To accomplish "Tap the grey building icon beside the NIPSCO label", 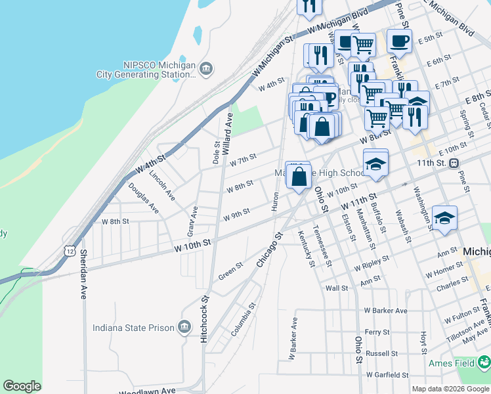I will [x=205, y=68].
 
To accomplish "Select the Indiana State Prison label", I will [x=133, y=328].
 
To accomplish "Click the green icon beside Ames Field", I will [x=484, y=362].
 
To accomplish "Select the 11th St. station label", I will [x=431, y=162].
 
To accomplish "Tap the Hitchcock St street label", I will [x=205, y=317].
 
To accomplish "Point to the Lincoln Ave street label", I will [x=162, y=186].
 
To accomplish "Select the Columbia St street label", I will [x=242, y=320].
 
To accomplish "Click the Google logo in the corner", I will [x=22, y=386].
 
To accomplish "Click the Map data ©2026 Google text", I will [x=451, y=389].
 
